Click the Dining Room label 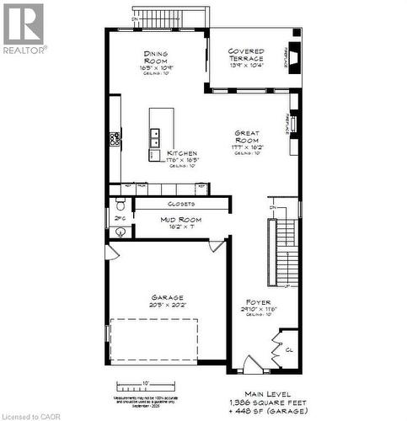pyautogui.click(x=157, y=57)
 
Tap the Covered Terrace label pyautogui.click(x=247, y=56)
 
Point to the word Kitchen pyautogui.click(x=182, y=153)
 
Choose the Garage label pyautogui.click(x=167, y=297)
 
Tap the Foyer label pyautogui.click(x=257, y=301)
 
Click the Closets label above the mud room pyautogui.click(x=182, y=204)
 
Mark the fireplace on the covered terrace pyautogui.click(x=294, y=54)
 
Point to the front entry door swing pyautogui.click(x=253, y=364)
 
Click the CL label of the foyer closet pyautogui.click(x=288, y=349)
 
